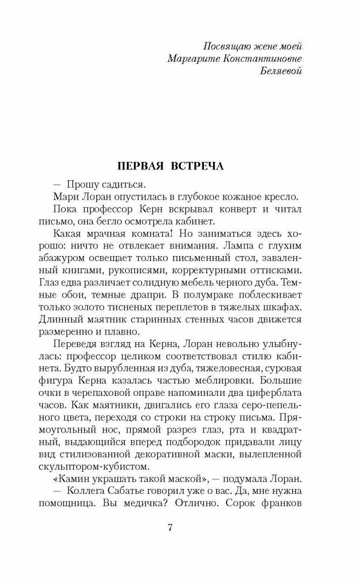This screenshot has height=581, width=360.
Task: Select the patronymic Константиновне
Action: coord(257,58)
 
